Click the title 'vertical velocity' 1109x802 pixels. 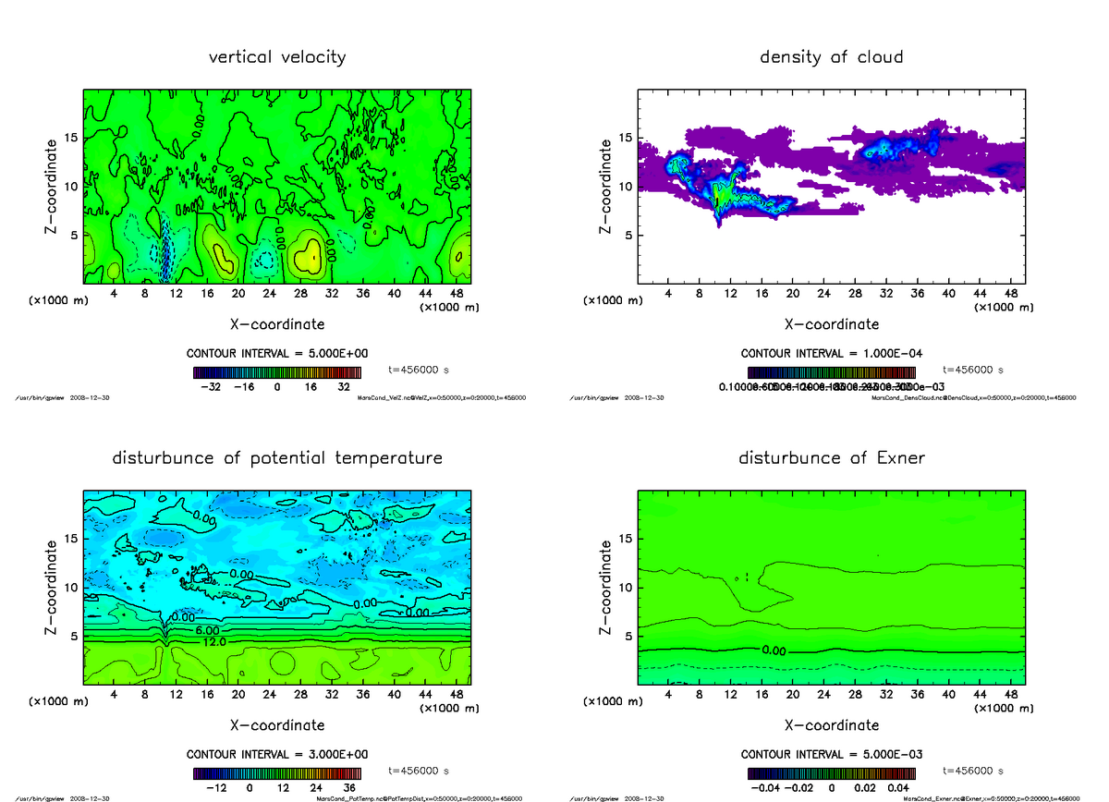click(277, 57)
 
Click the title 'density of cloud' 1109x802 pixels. click(831, 57)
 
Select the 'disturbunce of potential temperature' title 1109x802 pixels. click(277, 458)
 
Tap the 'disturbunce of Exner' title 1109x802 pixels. click(831, 458)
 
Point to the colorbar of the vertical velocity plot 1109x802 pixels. click(277, 373)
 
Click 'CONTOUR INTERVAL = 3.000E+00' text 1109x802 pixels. click(277, 754)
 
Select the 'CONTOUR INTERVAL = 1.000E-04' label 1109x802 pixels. click(831, 353)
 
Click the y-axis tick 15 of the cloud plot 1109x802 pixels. click(625, 139)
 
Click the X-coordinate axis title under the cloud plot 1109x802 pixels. click(831, 324)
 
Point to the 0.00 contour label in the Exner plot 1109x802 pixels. click(774, 650)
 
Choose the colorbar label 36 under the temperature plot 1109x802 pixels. click(349, 788)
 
